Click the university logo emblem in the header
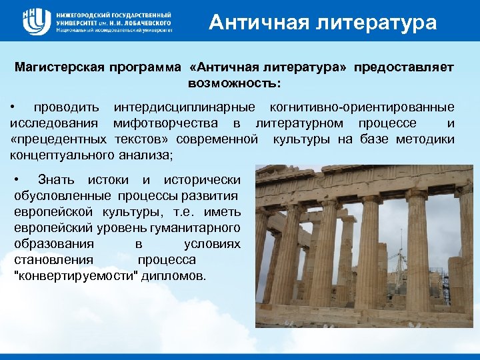click(x=34, y=22)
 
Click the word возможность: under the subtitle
click(x=234, y=84)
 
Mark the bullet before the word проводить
click(x=13, y=107)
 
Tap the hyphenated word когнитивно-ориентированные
click(x=362, y=107)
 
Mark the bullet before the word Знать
click(x=18, y=179)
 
